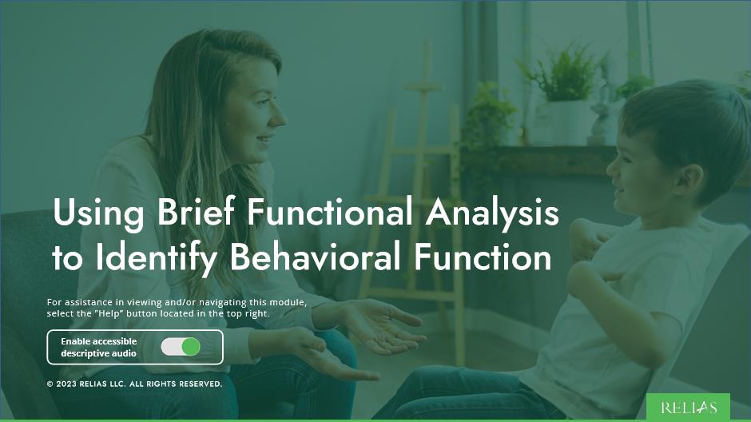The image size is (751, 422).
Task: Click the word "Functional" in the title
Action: click(331, 214)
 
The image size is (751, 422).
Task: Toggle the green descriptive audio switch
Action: click(181, 347)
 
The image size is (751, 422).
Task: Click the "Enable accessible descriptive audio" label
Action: click(99, 347)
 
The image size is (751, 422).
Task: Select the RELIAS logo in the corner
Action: click(689, 408)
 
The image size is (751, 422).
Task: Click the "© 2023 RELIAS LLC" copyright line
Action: click(134, 384)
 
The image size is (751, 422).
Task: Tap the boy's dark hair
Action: click(687, 120)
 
